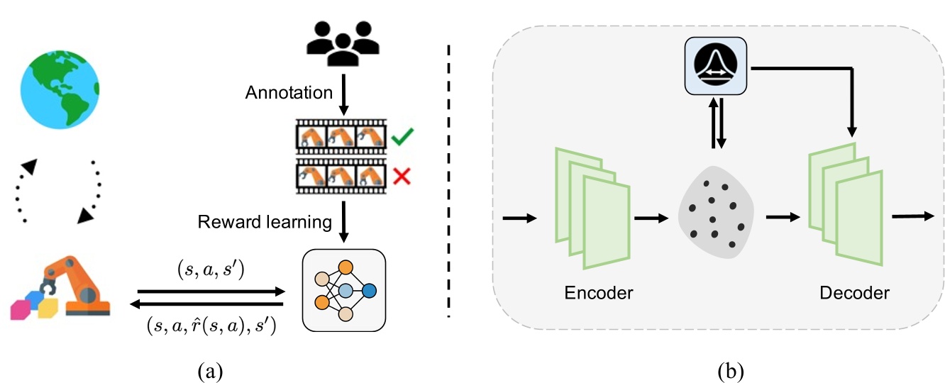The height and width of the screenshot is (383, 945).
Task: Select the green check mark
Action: click(402, 136)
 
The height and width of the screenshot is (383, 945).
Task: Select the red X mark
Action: click(402, 174)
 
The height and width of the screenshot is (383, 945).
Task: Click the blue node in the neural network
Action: click(368, 291)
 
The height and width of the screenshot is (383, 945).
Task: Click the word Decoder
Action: click(854, 292)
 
